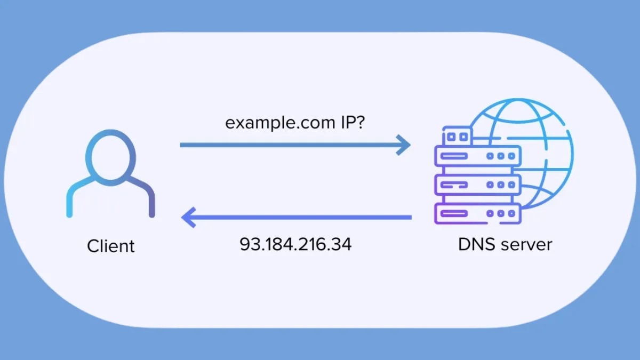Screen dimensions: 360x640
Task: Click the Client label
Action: click(x=111, y=246)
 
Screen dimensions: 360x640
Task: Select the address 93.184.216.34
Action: click(x=295, y=244)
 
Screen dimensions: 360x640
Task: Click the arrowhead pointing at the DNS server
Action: click(x=404, y=145)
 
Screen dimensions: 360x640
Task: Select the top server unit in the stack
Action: click(x=477, y=157)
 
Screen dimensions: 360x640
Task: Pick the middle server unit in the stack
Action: click(x=477, y=185)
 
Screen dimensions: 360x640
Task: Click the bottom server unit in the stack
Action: click(x=477, y=213)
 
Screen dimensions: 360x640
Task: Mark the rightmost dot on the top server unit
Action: click(x=511, y=157)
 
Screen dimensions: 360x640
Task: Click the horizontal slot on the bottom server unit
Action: click(x=454, y=213)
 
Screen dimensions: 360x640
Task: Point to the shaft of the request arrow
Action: click(x=288, y=145)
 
